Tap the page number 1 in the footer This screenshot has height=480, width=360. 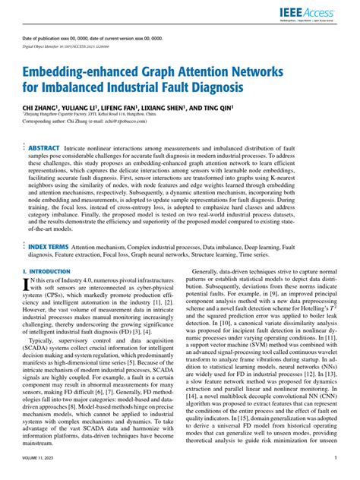click(336, 458)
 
